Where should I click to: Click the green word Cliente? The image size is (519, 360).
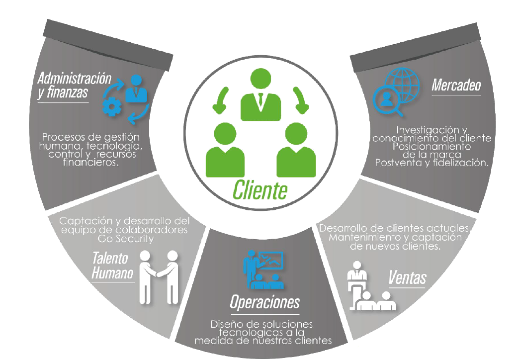pyautogui.click(x=260, y=189)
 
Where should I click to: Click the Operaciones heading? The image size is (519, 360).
pyautogui.click(x=264, y=302)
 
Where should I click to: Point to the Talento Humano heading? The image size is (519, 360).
pyautogui.click(x=113, y=266)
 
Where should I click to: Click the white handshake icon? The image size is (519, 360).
pyautogui.click(x=159, y=276)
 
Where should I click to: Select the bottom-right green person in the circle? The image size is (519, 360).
pyautogui.click(x=296, y=152)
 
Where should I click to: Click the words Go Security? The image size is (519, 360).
pyautogui.click(x=124, y=239)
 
